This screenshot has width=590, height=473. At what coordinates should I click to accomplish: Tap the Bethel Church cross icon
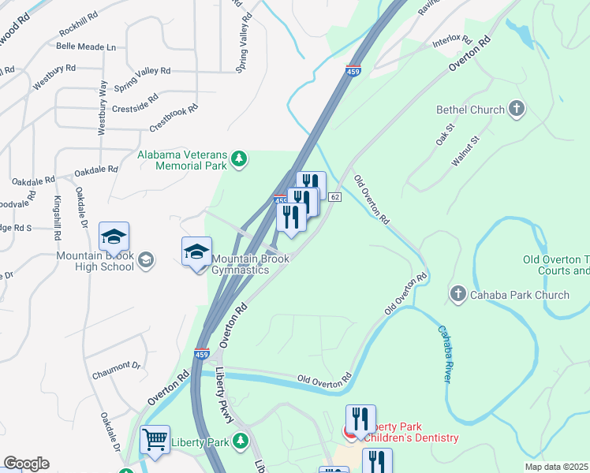pos(517,110)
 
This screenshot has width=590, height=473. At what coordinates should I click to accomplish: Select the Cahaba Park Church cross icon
pos(458,295)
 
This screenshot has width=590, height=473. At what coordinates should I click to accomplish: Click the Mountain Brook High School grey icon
pos(145,260)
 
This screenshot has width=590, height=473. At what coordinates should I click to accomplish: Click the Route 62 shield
pos(335,196)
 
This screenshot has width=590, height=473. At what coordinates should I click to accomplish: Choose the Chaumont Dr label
pos(115,365)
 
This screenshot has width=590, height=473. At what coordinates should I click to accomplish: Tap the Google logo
pos(26,463)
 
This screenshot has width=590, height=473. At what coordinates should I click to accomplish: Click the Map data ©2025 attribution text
pos(556,467)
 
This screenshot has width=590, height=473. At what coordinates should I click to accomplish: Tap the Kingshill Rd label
pos(57,218)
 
